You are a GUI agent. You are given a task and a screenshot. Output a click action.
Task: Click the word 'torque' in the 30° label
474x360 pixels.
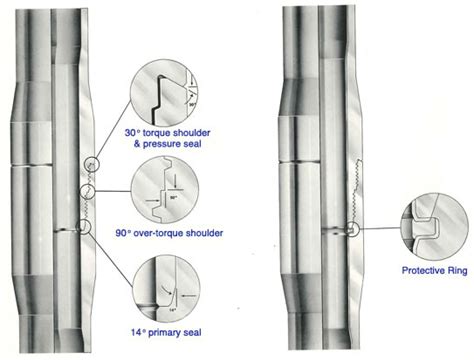pos(157,133)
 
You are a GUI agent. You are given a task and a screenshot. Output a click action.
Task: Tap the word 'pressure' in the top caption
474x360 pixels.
pos(161,144)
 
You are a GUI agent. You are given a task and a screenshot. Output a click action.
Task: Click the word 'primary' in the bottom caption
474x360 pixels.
pos(164,333)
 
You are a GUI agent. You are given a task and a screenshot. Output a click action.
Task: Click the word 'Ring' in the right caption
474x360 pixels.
pos(458,270)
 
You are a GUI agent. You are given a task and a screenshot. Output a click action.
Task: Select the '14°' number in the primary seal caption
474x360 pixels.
pos(138,333)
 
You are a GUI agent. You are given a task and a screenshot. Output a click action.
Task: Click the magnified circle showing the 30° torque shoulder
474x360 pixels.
pos(164,93)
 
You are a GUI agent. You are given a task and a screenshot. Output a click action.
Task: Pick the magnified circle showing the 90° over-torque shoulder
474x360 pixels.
pos(165,190)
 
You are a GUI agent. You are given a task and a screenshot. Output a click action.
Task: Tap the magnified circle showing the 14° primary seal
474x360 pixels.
pos(166,289)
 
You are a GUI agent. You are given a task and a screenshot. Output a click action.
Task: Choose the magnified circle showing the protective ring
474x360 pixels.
pos(434,227)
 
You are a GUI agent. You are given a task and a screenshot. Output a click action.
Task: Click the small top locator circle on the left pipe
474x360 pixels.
pos(92,164)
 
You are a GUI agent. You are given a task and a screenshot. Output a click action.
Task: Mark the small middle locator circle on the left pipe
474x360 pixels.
pos(88,191)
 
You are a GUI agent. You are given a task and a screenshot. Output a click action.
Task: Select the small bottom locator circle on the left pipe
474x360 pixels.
pos(84,227)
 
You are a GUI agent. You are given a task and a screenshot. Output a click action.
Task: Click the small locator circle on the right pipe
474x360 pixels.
pos(352,229)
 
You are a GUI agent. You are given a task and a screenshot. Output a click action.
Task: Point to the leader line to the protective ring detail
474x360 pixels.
pos(380,228)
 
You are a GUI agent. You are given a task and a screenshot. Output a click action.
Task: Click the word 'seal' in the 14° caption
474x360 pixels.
pos(192,333)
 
